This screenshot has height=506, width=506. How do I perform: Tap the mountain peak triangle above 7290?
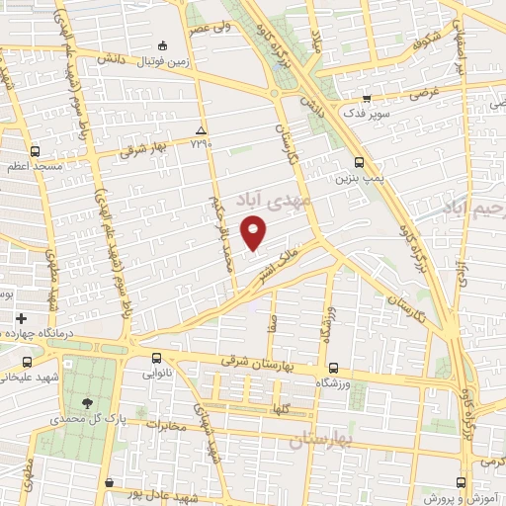202,130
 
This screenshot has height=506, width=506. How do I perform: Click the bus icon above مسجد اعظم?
36,151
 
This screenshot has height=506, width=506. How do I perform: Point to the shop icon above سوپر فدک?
367,99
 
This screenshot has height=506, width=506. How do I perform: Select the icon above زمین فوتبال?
162,45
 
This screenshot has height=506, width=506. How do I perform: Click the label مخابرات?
166,426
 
